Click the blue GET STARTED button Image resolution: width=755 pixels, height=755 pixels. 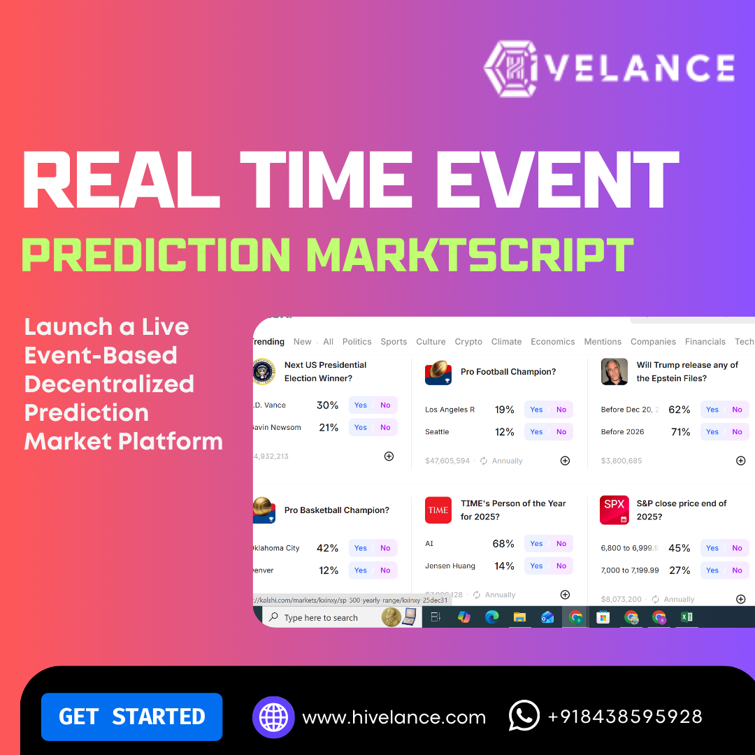[131, 717]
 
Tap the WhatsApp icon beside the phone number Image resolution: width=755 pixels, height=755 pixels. [524, 716]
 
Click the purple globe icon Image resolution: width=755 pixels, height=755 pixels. [273, 717]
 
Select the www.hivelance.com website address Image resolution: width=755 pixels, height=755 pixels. [394, 717]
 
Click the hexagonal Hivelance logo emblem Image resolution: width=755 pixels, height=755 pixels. [513, 67]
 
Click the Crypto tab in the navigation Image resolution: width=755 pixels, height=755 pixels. [468, 342]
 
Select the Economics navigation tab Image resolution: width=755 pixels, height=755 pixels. [552, 342]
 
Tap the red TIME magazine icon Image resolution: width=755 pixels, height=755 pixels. [438, 510]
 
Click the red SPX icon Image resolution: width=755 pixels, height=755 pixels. [614, 510]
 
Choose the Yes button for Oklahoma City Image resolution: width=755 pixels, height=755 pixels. [361, 548]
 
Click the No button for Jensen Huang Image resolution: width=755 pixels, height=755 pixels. [561, 566]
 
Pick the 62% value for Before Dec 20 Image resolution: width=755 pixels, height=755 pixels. [679, 410]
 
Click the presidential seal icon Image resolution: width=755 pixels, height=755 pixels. [264, 371]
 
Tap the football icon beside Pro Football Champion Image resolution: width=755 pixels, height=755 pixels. [438, 372]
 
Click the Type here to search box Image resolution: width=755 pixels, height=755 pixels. [322, 618]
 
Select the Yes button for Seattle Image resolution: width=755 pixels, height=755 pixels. [536, 432]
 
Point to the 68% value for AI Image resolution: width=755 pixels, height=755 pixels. [503, 544]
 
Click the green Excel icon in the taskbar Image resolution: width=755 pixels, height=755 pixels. [686, 617]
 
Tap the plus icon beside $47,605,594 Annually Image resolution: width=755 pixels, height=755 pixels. [565, 461]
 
